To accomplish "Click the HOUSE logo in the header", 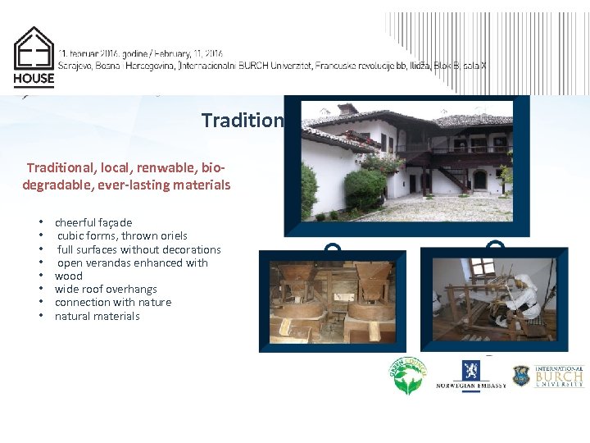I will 34,57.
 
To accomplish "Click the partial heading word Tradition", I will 243,121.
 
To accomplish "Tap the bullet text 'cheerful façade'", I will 93,222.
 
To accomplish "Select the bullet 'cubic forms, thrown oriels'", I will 122,235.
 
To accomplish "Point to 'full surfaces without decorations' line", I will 138,249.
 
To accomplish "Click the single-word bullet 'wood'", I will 69,276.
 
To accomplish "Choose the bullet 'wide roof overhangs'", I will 106,289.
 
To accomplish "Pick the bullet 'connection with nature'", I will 113,302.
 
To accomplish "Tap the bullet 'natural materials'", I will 98,316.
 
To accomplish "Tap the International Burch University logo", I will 548,376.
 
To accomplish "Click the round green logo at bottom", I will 408,376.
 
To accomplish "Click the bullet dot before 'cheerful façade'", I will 40,222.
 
